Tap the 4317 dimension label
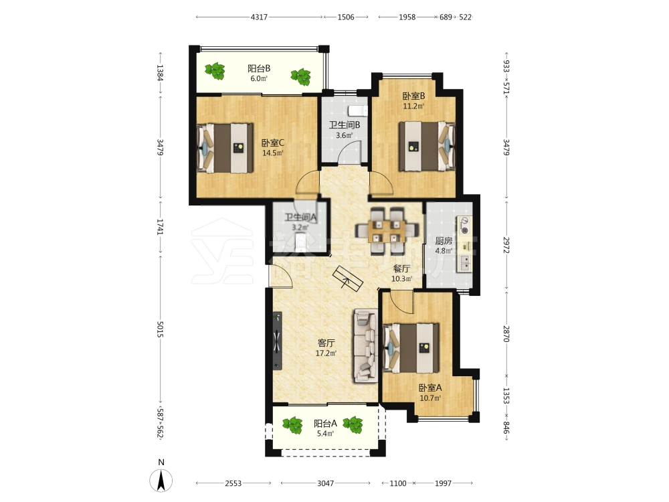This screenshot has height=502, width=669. coord(259,17)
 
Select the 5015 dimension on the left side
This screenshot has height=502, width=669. coord(161,329)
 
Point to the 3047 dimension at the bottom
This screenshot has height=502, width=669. coord(326,483)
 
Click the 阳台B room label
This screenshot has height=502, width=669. coord(259,68)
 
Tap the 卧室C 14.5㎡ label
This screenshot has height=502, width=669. coord(273,148)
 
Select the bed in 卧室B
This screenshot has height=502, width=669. coord(427,147)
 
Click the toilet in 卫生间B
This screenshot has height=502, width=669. coord(357,111)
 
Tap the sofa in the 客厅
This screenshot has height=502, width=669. coord(365,346)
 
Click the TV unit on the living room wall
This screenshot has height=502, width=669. coord(278,341)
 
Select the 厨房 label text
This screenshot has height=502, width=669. coord(444,241)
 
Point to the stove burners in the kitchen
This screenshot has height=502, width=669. coord(464,226)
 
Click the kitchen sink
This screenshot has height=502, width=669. coord(464,263)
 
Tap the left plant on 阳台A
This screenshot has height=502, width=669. coord(292,425)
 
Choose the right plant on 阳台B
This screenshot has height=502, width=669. coord(301,77)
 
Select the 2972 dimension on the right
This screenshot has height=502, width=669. coord(506,245)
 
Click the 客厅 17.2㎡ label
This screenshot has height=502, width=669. coord(326,348)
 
